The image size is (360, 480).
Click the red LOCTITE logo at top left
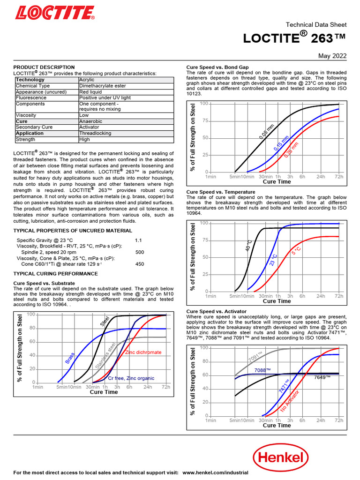point(54,12)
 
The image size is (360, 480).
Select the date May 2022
point(332,56)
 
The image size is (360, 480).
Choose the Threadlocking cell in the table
point(95,133)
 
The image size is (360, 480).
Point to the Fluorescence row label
point(31,97)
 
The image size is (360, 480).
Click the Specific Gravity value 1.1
point(138,240)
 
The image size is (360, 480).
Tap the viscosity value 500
point(140,252)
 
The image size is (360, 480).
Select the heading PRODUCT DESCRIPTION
point(44,67)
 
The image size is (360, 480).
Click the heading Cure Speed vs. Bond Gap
point(217,67)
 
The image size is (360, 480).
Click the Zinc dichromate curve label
point(143,352)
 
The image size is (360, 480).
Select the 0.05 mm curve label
point(266,133)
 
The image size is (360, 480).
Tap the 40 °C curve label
point(248,245)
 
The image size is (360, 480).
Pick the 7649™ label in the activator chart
point(322,377)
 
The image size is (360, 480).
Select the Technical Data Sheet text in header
point(316,24)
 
